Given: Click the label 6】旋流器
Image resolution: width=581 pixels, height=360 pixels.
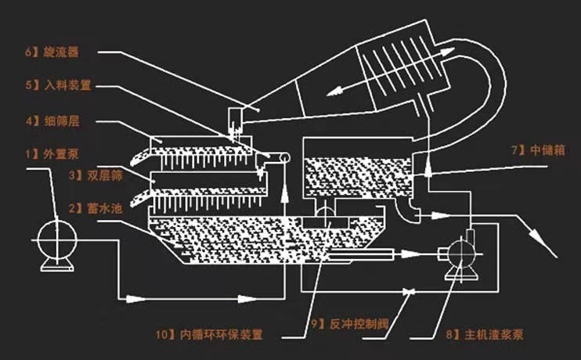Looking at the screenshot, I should tap(52, 52).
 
